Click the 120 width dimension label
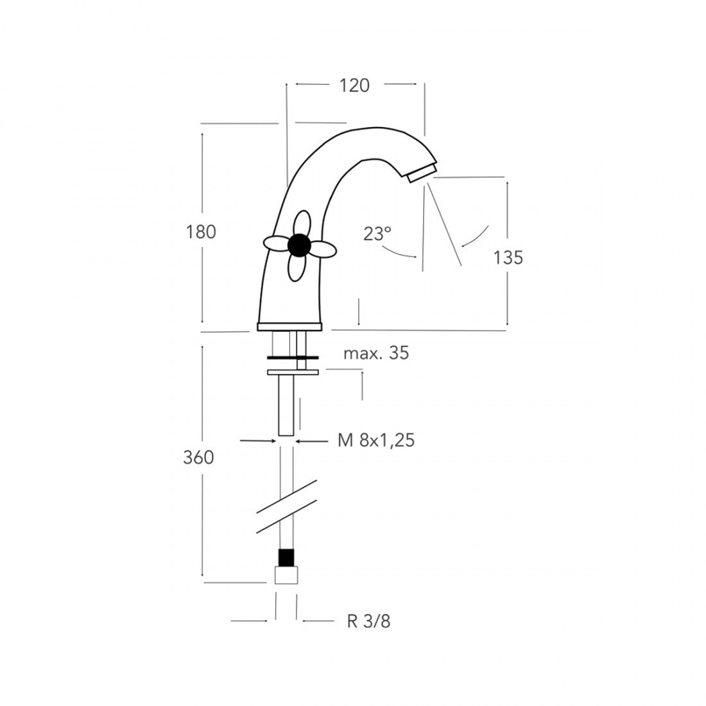click(x=355, y=85)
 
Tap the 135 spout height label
click(x=508, y=257)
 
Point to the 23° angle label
click(x=377, y=234)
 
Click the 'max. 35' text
click(x=375, y=353)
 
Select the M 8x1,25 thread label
click(x=375, y=440)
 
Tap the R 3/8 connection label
click(x=368, y=621)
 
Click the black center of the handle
click(x=299, y=245)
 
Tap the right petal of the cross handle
click(x=323, y=248)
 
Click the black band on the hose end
click(x=287, y=557)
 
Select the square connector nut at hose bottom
click(x=287, y=574)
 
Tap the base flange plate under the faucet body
click(x=289, y=327)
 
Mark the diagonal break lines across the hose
click(x=286, y=506)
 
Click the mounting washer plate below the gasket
click(x=294, y=372)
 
